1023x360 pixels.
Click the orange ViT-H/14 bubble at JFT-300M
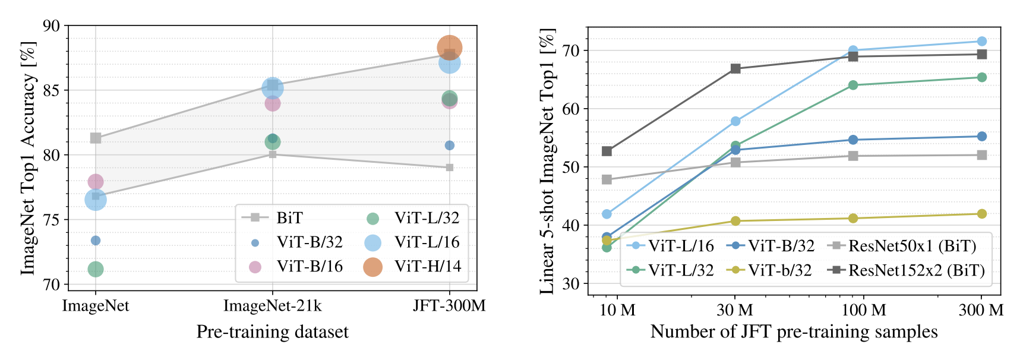[x=450, y=48]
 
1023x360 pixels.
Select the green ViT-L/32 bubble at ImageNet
[x=96, y=270]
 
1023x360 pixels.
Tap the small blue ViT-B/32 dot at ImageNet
[x=96, y=241]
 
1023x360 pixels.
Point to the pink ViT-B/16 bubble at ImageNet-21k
[x=272, y=103]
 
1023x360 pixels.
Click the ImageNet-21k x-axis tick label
[x=272, y=306]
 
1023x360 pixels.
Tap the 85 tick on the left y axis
[x=52, y=90]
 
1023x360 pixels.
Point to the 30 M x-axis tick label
[x=735, y=310]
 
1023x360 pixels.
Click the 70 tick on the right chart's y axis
[x=571, y=50]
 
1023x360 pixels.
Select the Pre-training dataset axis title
[x=272, y=331]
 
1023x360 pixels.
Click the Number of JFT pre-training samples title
[x=794, y=331]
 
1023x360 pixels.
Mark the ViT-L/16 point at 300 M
[x=981, y=41]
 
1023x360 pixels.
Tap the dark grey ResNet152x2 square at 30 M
[x=735, y=68]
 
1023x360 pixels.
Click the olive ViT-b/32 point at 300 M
[x=981, y=214]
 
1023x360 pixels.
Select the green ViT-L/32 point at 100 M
[x=853, y=85]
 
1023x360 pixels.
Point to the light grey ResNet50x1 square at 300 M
[x=981, y=155]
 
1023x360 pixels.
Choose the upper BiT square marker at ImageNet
[x=96, y=138]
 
